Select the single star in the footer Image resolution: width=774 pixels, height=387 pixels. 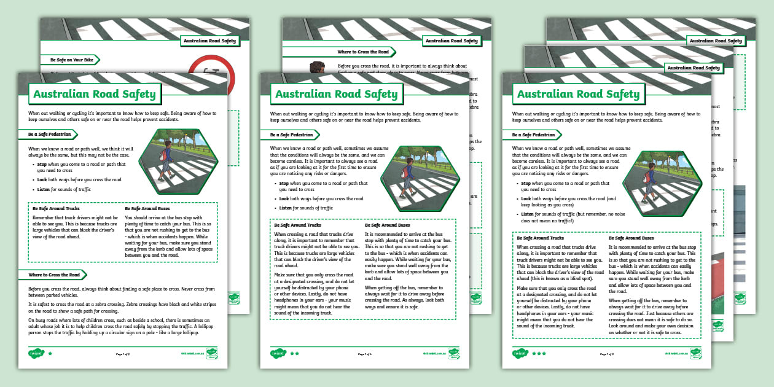[x=50, y=354]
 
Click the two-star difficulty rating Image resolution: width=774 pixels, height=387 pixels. [x=294, y=354]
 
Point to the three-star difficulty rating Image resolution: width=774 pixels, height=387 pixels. [x=538, y=354]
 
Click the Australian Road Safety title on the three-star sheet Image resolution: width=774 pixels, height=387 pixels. [x=578, y=94]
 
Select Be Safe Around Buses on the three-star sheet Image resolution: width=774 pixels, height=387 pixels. [x=631, y=238]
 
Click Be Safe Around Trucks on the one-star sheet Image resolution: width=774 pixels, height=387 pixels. [x=55, y=209]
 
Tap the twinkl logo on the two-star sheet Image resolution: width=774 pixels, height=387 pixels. [x=278, y=354]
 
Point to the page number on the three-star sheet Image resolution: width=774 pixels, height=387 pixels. [x=606, y=354]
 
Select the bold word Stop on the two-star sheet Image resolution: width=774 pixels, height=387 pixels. [x=283, y=183]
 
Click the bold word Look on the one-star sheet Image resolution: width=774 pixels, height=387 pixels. [x=42, y=180]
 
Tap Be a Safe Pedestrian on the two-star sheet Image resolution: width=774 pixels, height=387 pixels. [x=293, y=135]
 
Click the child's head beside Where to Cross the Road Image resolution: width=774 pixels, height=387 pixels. [x=317, y=67]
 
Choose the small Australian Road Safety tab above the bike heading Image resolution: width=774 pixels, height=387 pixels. [x=209, y=41]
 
